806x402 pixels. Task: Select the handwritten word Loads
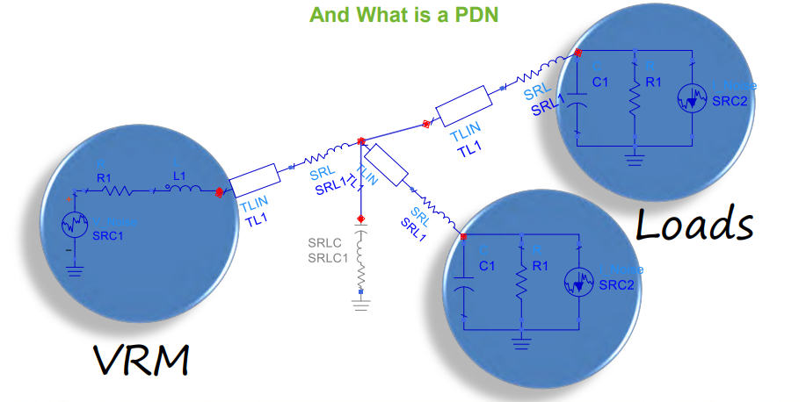pos(694,225)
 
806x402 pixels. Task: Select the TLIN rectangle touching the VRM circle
pos(255,180)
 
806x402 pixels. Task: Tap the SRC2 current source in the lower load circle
pos(577,284)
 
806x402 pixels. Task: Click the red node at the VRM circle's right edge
pos(219,190)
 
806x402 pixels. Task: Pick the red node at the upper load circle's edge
pos(578,54)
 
